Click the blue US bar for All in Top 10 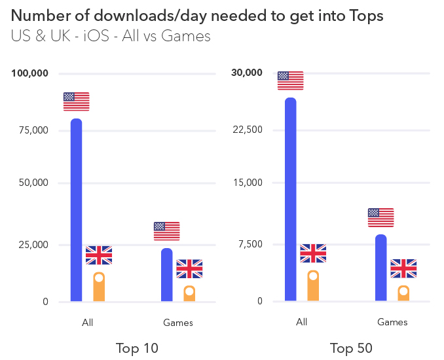(76, 209)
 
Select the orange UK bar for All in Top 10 (99, 288)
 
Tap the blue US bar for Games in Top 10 (166, 275)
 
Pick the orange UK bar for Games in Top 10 (189, 294)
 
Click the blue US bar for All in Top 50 (290, 200)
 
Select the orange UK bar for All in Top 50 (313, 287)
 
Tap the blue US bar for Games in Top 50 (380, 268)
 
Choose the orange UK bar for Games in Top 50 (403, 294)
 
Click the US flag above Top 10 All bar (76, 101)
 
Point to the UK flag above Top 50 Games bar (403, 268)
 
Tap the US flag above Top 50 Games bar (380, 217)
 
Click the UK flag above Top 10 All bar (99, 255)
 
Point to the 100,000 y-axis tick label (30, 73)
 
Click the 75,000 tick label (33, 130)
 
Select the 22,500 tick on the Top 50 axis (248, 130)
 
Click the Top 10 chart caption (137, 348)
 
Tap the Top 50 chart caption (351, 348)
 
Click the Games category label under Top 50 (392, 322)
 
